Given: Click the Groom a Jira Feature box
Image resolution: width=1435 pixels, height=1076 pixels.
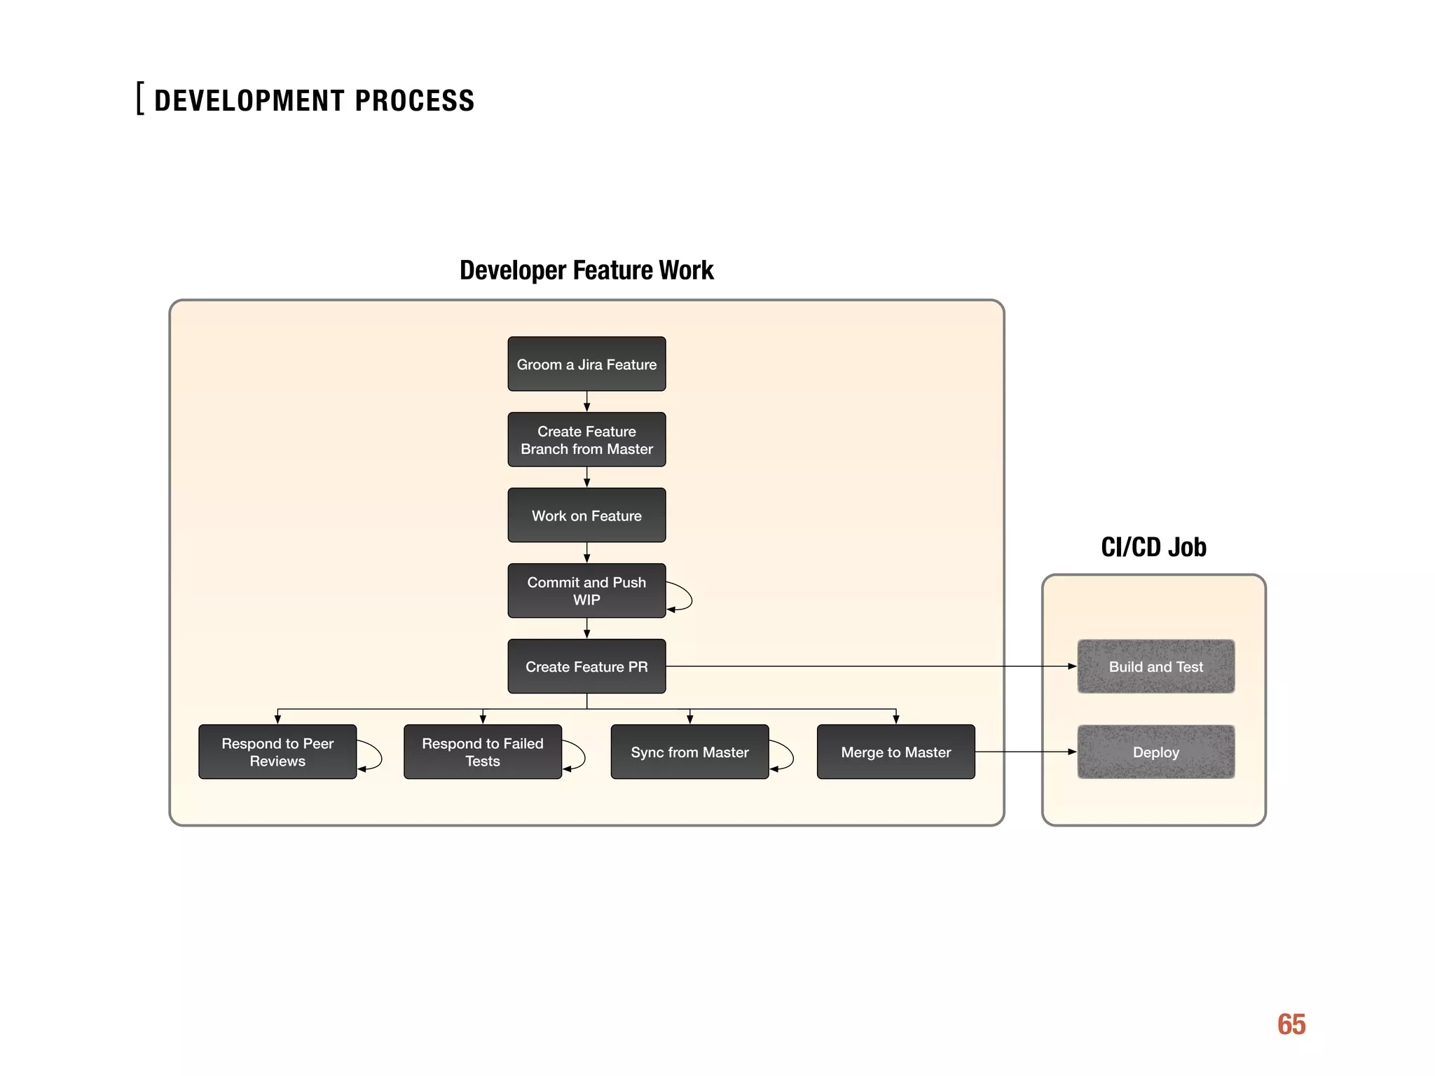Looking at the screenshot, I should pyautogui.click(x=586, y=364).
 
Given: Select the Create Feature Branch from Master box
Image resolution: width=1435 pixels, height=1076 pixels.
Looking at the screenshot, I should pyautogui.click(x=586, y=440).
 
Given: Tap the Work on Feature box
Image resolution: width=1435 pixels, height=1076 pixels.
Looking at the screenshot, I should pyautogui.click(x=586, y=516).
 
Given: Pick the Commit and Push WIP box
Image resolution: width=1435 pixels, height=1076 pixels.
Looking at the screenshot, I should pyautogui.click(x=586, y=591).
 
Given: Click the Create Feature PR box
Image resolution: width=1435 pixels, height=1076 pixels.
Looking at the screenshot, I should pyautogui.click(x=586, y=666).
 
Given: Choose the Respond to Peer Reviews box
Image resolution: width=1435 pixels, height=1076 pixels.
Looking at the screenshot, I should pyautogui.click(x=277, y=752).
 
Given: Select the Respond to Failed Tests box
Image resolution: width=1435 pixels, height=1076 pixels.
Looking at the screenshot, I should pyautogui.click(x=483, y=752).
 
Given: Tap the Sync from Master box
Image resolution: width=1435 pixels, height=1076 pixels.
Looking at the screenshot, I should pyautogui.click(x=689, y=752).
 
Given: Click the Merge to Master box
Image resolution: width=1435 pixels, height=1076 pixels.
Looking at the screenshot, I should pyautogui.click(x=895, y=752).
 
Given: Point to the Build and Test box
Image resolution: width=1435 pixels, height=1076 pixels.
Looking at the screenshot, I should pyautogui.click(x=1155, y=666).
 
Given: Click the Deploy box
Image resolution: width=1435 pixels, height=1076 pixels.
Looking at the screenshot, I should pyautogui.click(x=1155, y=752).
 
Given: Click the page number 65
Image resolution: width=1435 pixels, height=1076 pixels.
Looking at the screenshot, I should pyautogui.click(x=1291, y=1024).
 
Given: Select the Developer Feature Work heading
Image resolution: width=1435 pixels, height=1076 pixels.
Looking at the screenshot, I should pyautogui.click(x=586, y=270).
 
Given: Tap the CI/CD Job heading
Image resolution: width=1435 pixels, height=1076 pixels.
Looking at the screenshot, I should pyautogui.click(x=1153, y=547).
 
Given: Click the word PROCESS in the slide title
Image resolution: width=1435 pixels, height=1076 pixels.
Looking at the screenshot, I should pyautogui.click(x=414, y=101).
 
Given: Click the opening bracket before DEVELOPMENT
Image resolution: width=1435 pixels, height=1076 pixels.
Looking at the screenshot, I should pyautogui.click(x=140, y=98).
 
